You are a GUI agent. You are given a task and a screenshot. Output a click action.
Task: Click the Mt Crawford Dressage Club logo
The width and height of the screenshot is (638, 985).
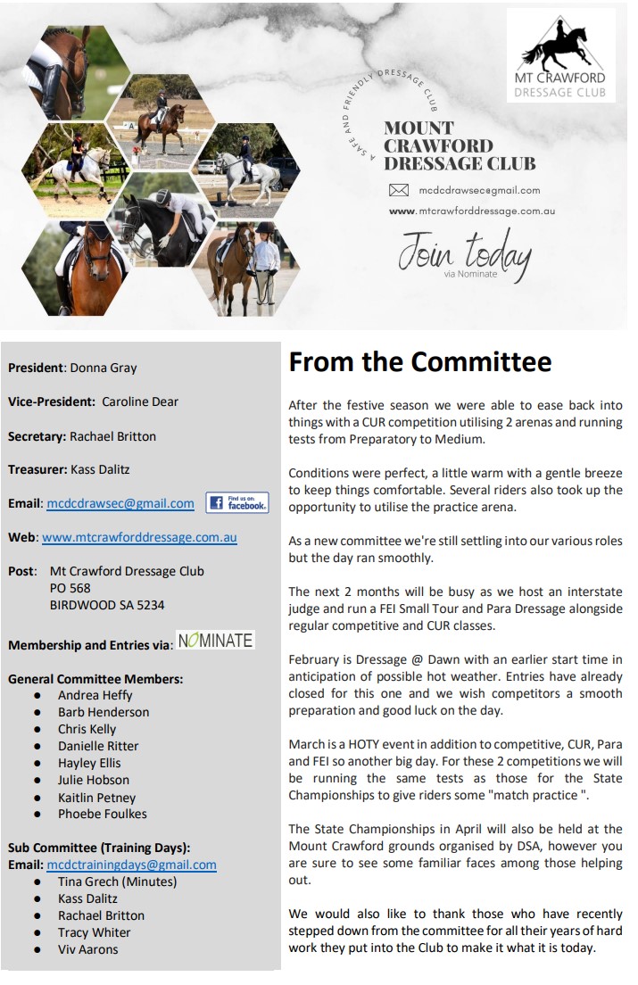tap(560, 55)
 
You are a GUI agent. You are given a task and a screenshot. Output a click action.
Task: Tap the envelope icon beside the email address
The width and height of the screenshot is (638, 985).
tap(399, 190)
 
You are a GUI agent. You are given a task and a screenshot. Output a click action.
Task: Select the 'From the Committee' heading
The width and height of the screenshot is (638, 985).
tap(420, 362)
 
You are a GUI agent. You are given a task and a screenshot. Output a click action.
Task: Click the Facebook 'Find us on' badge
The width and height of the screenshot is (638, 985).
tap(237, 502)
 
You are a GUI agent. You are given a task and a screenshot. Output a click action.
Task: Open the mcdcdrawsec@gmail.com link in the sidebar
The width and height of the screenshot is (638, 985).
tap(120, 503)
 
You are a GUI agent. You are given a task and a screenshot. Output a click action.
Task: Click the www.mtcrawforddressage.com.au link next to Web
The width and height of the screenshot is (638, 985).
tap(140, 537)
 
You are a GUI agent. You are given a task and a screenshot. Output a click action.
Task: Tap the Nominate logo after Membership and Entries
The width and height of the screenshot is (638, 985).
tap(215, 640)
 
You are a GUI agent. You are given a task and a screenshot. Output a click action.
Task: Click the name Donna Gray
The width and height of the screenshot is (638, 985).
tap(104, 368)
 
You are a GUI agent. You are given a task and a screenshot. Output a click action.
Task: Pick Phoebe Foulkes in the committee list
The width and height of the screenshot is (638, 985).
tap(103, 814)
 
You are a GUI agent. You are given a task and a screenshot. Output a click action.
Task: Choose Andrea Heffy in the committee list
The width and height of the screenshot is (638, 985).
tap(95, 695)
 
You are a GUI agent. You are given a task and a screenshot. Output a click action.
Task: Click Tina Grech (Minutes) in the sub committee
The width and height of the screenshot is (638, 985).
tap(118, 882)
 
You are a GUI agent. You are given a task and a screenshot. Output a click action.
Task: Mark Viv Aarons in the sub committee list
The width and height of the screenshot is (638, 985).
tap(88, 949)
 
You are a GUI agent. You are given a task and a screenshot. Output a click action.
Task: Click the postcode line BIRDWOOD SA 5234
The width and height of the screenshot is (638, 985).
tap(107, 605)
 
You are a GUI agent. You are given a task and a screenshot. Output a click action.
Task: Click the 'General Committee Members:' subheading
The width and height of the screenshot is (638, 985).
tap(95, 678)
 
